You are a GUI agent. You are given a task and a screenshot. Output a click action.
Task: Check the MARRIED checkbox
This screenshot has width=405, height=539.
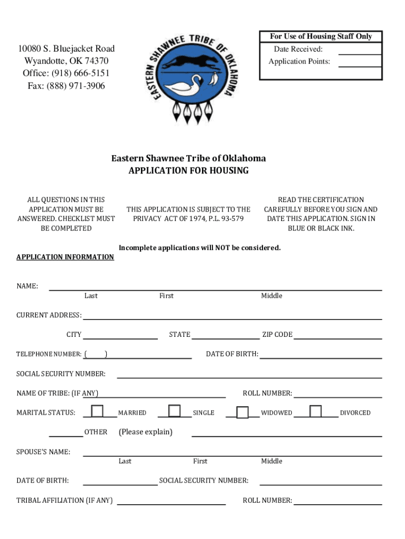[97, 411]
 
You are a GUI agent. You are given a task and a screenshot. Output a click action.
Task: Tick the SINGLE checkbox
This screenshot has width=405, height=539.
[175, 411]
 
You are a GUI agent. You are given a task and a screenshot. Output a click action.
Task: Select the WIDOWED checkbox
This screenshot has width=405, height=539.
[242, 412]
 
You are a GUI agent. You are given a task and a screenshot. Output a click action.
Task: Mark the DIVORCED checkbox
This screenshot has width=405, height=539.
[316, 411]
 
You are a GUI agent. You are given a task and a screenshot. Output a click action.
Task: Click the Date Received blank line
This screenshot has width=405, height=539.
[360, 50]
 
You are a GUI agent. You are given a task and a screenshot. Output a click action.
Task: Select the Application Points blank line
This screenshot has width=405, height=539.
[360, 63]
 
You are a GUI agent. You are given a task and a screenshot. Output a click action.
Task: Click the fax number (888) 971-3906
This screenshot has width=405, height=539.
[66, 86]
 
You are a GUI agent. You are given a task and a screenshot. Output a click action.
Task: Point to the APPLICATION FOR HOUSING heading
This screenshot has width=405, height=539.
[188, 171]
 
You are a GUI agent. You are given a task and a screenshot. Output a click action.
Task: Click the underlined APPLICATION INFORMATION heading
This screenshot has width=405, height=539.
[65, 257]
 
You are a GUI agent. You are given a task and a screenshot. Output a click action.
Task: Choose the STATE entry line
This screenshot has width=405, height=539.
[225, 335]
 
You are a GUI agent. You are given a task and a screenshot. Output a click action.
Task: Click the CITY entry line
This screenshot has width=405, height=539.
[120, 335]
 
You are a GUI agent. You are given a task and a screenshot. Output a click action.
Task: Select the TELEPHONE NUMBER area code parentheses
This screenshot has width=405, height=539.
[97, 354]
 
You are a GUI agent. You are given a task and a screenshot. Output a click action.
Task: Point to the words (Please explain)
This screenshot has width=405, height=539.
[146, 432]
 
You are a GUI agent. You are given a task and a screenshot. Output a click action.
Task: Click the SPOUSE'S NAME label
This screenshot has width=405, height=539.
[43, 452]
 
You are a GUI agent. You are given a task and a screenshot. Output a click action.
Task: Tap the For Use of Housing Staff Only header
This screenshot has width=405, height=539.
[321, 36]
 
